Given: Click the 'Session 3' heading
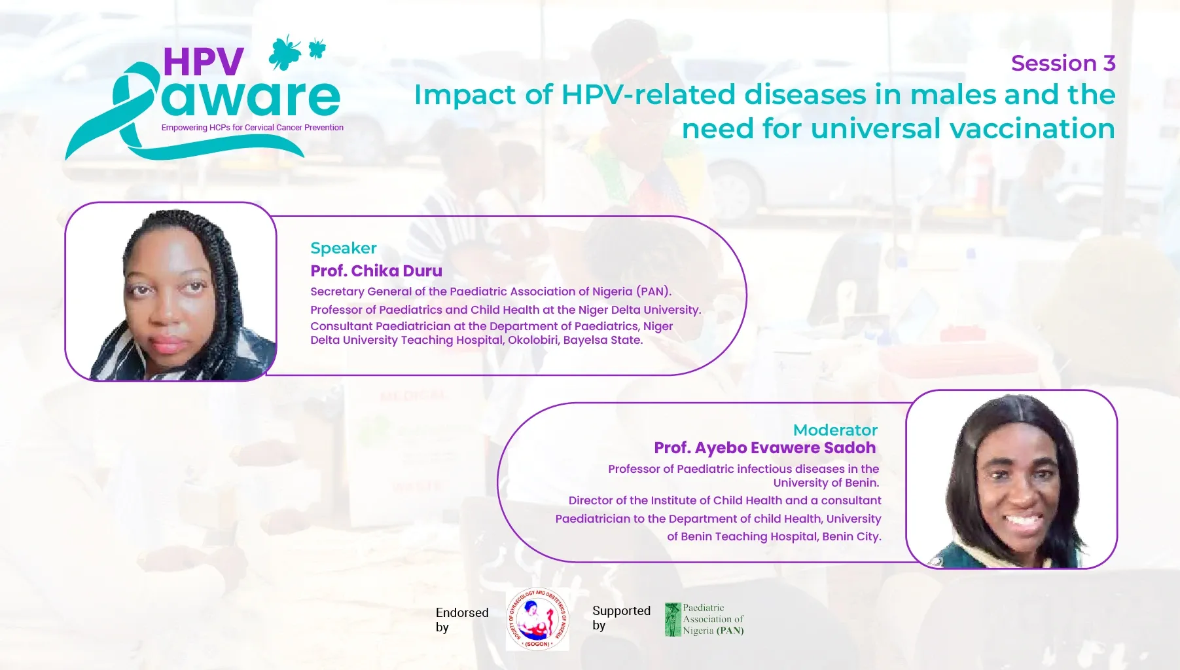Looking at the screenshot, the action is (x=1063, y=64).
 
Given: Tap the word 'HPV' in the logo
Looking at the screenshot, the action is (x=204, y=62).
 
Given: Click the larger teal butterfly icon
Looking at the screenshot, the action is (x=285, y=52).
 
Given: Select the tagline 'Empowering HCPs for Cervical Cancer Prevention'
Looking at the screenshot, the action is (x=253, y=128).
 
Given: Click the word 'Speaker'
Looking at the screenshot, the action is (x=344, y=248).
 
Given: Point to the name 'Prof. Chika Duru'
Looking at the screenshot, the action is (x=376, y=270).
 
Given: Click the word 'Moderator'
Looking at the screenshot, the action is (x=835, y=430).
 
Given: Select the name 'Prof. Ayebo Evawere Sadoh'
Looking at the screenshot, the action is (x=765, y=448).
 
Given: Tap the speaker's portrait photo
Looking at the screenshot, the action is (x=171, y=291).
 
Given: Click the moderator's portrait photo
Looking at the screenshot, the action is (x=1011, y=479).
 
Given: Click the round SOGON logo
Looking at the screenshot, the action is (x=537, y=619).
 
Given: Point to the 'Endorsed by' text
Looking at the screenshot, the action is (x=462, y=620).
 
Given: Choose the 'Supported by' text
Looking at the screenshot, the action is (x=621, y=618).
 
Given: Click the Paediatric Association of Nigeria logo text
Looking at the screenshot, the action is (x=713, y=619).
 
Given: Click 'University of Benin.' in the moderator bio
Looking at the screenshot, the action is (x=826, y=483).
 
